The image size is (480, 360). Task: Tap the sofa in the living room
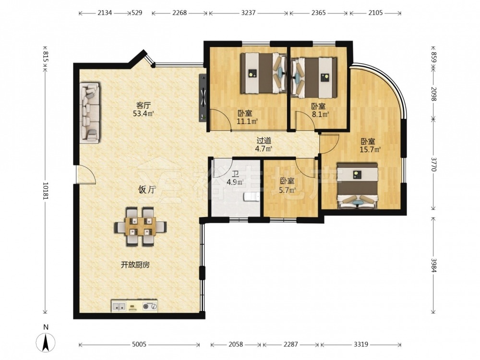(x=90, y=113)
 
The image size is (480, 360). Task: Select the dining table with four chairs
(x=141, y=227)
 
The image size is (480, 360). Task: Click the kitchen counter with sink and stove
(x=134, y=306)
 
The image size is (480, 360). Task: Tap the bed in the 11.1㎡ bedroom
(x=263, y=73)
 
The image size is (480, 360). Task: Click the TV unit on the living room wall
(x=203, y=97)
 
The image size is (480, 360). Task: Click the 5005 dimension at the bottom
(x=139, y=344)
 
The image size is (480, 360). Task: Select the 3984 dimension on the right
(x=433, y=266)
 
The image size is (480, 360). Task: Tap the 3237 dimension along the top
(x=248, y=13)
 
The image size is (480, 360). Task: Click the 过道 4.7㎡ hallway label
(x=264, y=145)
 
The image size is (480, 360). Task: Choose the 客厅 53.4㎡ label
(x=143, y=109)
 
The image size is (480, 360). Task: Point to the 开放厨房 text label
(x=135, y=265)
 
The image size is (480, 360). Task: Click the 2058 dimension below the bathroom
(x=236, y=344)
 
